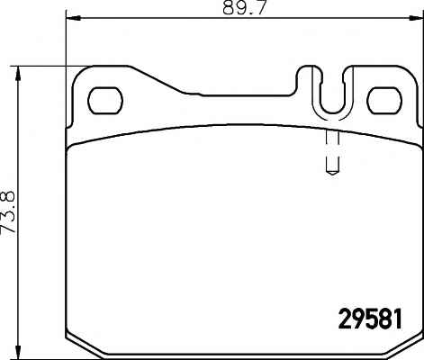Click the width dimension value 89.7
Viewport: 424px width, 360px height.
(245, 7)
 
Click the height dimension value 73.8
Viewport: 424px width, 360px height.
(8, 212)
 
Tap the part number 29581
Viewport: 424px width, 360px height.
(370, 319)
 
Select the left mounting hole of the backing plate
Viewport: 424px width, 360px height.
(105, 101)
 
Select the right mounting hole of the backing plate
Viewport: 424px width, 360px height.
(384, 101)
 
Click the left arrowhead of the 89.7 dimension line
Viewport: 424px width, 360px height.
(73, 19)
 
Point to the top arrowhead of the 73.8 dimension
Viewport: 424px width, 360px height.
(19, 74)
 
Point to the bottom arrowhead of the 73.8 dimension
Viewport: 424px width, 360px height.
(19, 352)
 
